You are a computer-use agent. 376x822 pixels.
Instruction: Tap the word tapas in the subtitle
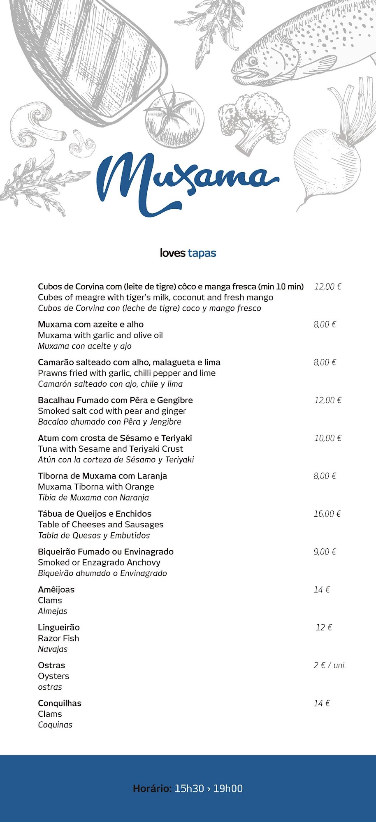(x=202, y=253)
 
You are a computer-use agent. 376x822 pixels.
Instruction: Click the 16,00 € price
(x=327, y=514)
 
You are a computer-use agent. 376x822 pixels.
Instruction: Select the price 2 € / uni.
(x=330, y=665)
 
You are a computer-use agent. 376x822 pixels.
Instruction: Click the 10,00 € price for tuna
(x=327, y=438)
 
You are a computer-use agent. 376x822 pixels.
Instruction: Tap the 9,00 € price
(x=325, y=552)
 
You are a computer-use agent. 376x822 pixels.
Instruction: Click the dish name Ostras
(x=51, y=665)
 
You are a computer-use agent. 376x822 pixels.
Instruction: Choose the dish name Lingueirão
(x=59, y=628)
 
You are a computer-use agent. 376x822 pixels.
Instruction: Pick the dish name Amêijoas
(x=56, y=590)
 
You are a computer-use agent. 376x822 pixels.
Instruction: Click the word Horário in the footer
(x=152, y=788)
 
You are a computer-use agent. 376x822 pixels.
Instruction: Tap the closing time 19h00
(x=228, y=788)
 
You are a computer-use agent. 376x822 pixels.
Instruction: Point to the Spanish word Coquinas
(x=55, y=725)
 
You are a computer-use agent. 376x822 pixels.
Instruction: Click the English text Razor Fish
(x=58, y=638)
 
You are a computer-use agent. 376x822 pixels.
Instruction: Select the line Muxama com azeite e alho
(x=91, y=324)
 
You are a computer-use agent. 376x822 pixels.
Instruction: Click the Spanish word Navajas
(x=53, y=649)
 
